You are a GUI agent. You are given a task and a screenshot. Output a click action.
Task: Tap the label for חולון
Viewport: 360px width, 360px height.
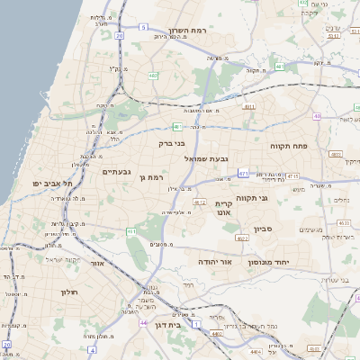(70, 292)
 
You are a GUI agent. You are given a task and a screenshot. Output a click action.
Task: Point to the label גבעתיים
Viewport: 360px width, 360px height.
(117, 172)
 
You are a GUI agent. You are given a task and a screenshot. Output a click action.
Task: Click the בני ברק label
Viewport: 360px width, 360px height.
(171, 142)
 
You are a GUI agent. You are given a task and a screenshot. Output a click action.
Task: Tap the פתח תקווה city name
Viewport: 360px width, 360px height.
(289, 145)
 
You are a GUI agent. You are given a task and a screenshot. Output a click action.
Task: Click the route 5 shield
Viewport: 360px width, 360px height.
(142, 27)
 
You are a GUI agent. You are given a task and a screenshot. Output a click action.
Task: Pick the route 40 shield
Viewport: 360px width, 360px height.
(317, 116)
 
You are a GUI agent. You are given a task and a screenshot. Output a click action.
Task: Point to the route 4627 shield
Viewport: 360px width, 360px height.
(243, 238)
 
